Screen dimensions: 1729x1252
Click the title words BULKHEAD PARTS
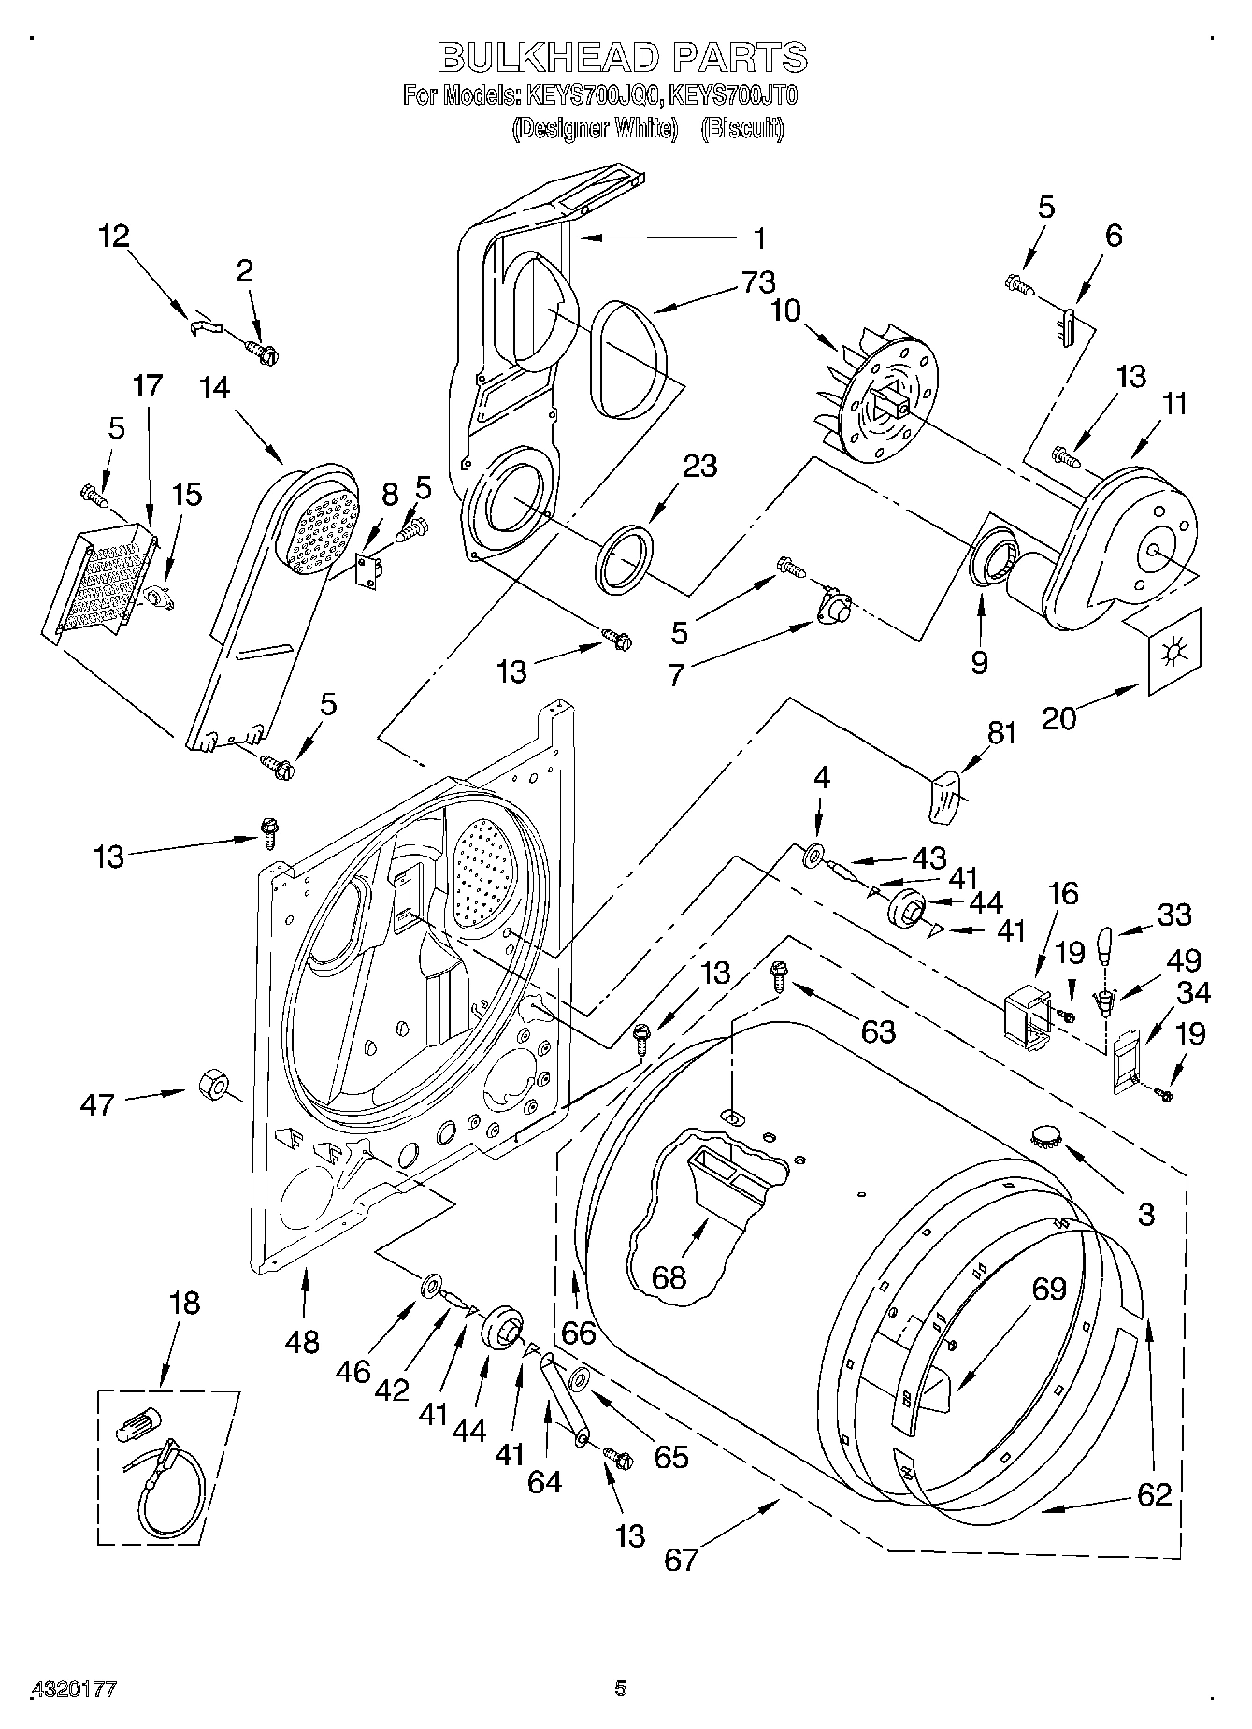click(x=622, y=57)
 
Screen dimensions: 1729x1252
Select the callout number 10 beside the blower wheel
click(x=785, y=310)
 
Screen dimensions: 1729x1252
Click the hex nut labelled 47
click(x=210, y=1086)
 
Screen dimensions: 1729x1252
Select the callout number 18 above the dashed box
click(x=185, y=1303)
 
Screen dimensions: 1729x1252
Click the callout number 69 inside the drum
click(x=1048, y=1289)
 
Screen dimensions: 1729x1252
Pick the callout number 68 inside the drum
click(x=669, y=1276)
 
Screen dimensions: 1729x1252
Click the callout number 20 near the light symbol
click(x=1060, y=717)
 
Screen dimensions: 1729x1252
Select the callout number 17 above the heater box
click(x=147, y=386)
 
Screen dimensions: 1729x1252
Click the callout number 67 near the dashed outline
click(x=682, y=1559)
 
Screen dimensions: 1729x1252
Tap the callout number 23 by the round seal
click(x=698, y=466)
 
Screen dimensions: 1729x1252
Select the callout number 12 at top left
click(x=114, y=236)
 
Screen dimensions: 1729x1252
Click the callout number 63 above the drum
click(x=878, y=1031)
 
